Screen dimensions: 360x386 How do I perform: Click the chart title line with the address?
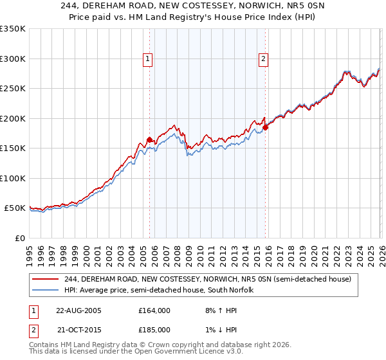click(192, 6)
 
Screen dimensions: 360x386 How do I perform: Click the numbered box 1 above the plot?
click(149, 59)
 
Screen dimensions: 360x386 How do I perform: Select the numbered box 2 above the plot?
click(264, 59)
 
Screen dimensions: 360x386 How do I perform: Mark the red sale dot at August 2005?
click(149, 139)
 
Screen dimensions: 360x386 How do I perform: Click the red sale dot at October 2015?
click(264, 127)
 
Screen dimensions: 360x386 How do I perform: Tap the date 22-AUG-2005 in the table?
click(78, 310)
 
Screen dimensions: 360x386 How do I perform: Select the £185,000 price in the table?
click(154, 329)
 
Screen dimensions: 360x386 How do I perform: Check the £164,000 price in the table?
click(154, 310)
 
